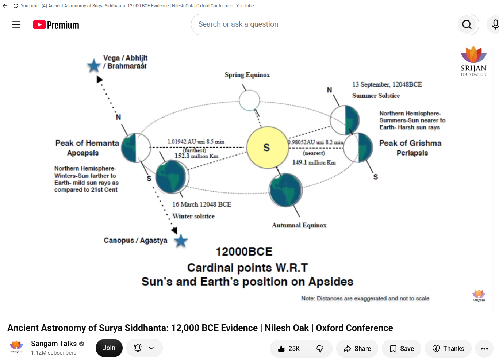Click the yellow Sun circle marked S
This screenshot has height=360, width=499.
point(267,148)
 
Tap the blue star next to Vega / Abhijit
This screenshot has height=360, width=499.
point(94,66)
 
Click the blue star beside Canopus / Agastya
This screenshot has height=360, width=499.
point(181,241)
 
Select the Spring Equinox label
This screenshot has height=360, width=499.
point(247,75)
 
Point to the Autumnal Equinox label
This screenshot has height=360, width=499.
point(299,225)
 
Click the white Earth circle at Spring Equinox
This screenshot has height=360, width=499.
point(249,100)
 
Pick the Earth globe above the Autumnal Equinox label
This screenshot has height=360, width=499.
point(286,190)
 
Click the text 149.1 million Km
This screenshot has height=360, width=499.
point(314,162)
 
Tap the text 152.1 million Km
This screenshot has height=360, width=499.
point(196,156)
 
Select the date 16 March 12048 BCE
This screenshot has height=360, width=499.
point(201,204)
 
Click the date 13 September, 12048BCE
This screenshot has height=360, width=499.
point(387,84)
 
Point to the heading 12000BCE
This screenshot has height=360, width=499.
point(244,252)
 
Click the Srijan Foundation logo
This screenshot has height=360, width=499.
point(473,61)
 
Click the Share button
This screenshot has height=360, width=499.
point(357,349)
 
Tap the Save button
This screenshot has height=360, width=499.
point(402,349)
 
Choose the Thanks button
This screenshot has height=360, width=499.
point(448,349)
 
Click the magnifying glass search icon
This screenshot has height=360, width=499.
point(467,24)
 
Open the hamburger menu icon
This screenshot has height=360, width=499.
point(16,24)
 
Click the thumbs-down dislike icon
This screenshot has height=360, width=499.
point(320,349)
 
